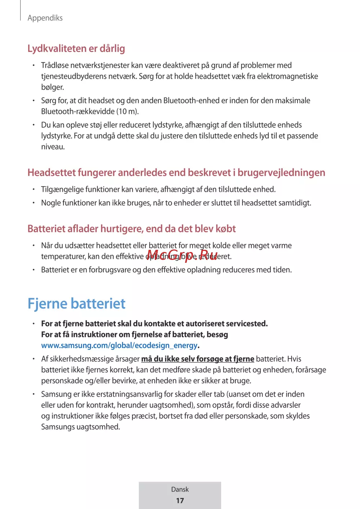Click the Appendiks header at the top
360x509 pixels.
(45, 18)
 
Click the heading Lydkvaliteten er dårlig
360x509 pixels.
(76, 49)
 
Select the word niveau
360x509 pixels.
(53, 147)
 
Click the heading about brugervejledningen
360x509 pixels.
(176, 173)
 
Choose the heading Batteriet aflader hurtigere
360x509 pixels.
(131, 229)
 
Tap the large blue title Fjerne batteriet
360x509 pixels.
(76, 304)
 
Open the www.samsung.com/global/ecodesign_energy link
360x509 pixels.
(119, 346)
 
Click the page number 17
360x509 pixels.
(180, 501)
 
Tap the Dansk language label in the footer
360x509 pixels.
(180, 490)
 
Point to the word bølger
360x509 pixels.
(52, 87)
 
